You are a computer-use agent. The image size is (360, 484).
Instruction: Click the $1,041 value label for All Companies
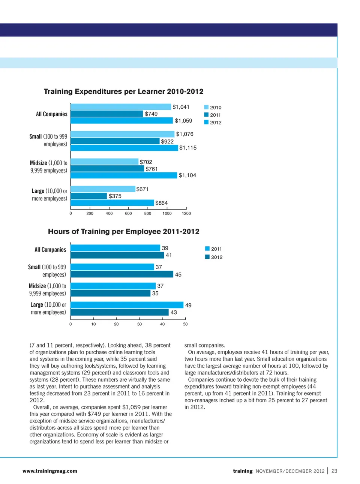pos(181,107)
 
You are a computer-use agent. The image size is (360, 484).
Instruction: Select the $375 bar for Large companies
pos(89,196)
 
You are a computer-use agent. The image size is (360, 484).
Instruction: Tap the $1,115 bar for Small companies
pos(124,148)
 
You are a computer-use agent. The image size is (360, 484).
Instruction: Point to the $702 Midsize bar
pos(104,162)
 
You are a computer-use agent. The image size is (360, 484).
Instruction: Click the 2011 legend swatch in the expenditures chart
pos(206,115)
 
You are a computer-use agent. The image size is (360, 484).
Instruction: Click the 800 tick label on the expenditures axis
pos(148,213)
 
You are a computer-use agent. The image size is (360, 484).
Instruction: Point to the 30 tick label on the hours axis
pos(139,324)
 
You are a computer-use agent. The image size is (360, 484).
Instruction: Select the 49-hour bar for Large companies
pos(127,305)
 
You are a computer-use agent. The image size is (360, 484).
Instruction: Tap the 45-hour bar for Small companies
pos(122,274)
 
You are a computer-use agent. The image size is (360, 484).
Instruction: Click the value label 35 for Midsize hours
pos(155,293)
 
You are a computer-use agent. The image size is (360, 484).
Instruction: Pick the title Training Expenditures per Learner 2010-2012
pos(123,91)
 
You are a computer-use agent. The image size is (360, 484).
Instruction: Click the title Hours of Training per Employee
pos(123,231)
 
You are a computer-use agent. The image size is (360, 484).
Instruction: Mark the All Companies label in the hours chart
pos(50,250)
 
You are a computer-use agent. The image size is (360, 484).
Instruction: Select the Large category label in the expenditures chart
pos(49,195)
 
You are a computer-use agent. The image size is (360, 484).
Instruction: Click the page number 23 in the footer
pos(334,471)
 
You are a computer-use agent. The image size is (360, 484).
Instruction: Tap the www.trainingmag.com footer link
pos(50,471)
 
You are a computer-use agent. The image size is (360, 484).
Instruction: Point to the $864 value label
pos(161,203)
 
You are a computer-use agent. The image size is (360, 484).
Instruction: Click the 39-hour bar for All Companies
pos(115,248)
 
